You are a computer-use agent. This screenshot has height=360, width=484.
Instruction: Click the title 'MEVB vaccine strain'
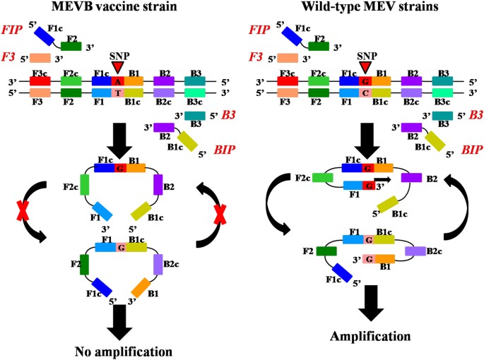(x=119, y=8)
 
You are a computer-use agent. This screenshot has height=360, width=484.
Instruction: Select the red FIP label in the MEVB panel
(x=13, y=32)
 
